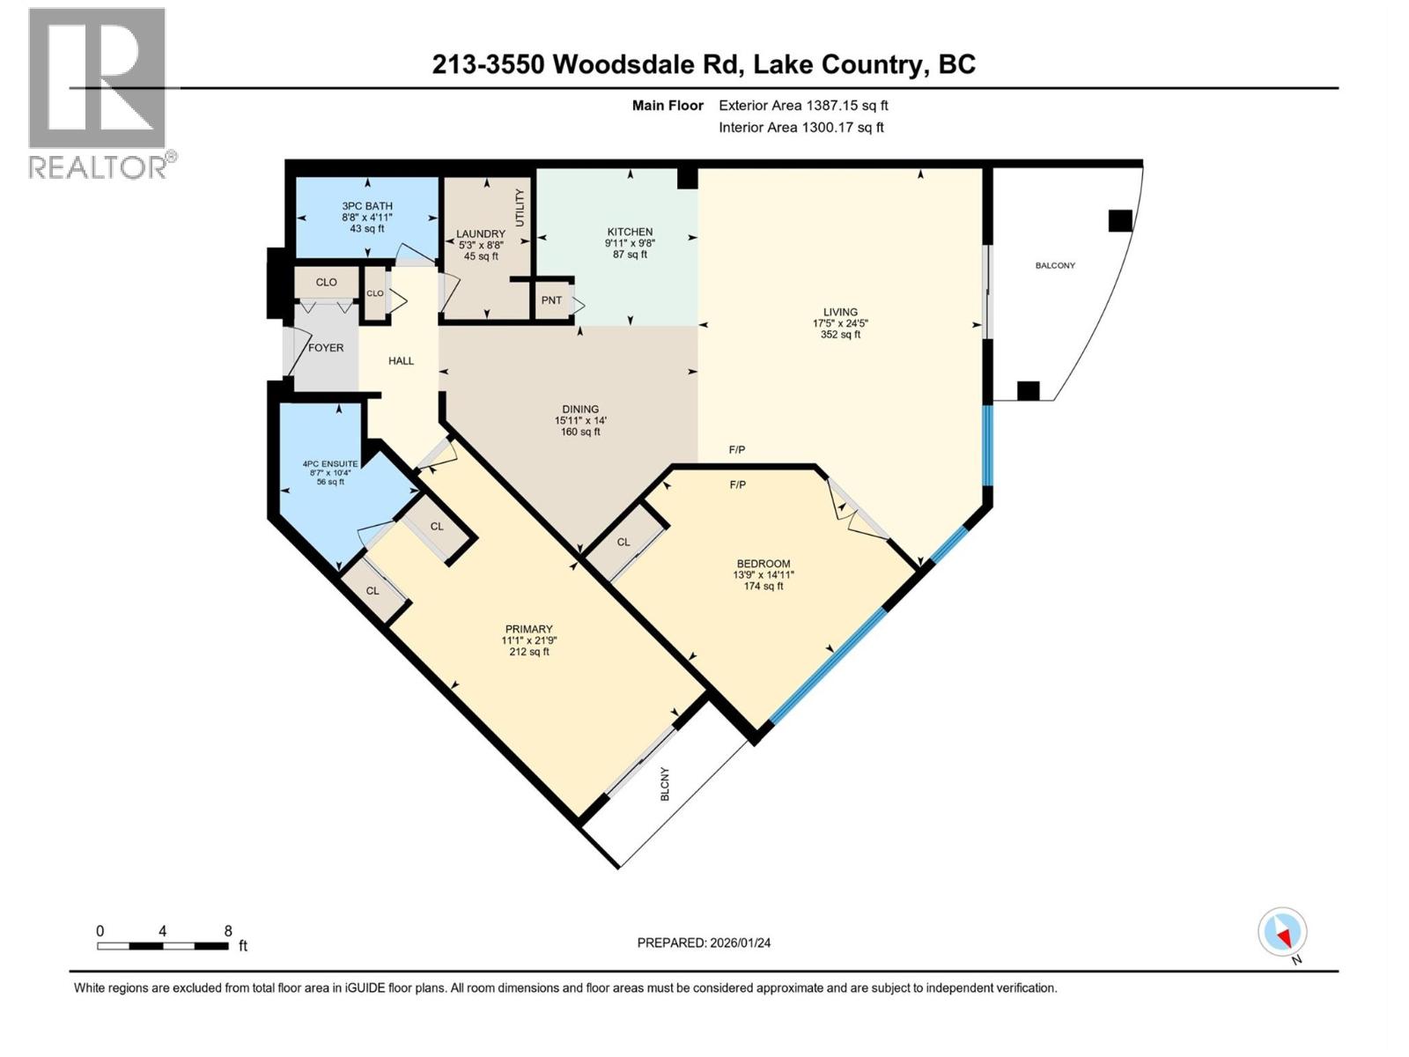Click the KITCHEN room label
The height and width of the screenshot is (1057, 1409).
coord(629,232)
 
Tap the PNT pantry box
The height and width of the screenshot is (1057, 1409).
coord(551,300)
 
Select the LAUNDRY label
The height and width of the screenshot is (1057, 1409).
coord(481,234)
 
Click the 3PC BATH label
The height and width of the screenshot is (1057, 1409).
coord(367,206)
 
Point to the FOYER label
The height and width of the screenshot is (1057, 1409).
coord(326,348)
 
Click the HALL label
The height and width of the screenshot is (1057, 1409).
coord(401,360)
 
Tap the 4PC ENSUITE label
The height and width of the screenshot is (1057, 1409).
coord(330,463)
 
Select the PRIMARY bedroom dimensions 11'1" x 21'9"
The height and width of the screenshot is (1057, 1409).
coord(528,640)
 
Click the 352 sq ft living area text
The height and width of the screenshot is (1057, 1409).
coord(840,335)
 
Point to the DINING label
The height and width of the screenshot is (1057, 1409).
coord(580,409)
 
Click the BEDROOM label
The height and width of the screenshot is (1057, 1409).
coord(764,564)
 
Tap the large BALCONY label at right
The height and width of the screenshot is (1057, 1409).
coord(1055,265)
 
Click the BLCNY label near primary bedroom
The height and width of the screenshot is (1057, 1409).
coord(665,784)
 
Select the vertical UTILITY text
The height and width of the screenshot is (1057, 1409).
coord(520,208)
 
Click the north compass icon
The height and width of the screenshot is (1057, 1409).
coord(1282,933)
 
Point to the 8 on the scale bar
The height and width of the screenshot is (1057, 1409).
coord(228,930)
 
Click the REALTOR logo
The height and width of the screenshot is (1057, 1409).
coord(99,92)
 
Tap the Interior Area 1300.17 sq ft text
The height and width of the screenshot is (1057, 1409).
coord(800,127)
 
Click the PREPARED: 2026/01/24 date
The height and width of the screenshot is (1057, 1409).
coord(704,942)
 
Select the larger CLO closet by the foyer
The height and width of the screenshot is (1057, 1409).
coord(326,283)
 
